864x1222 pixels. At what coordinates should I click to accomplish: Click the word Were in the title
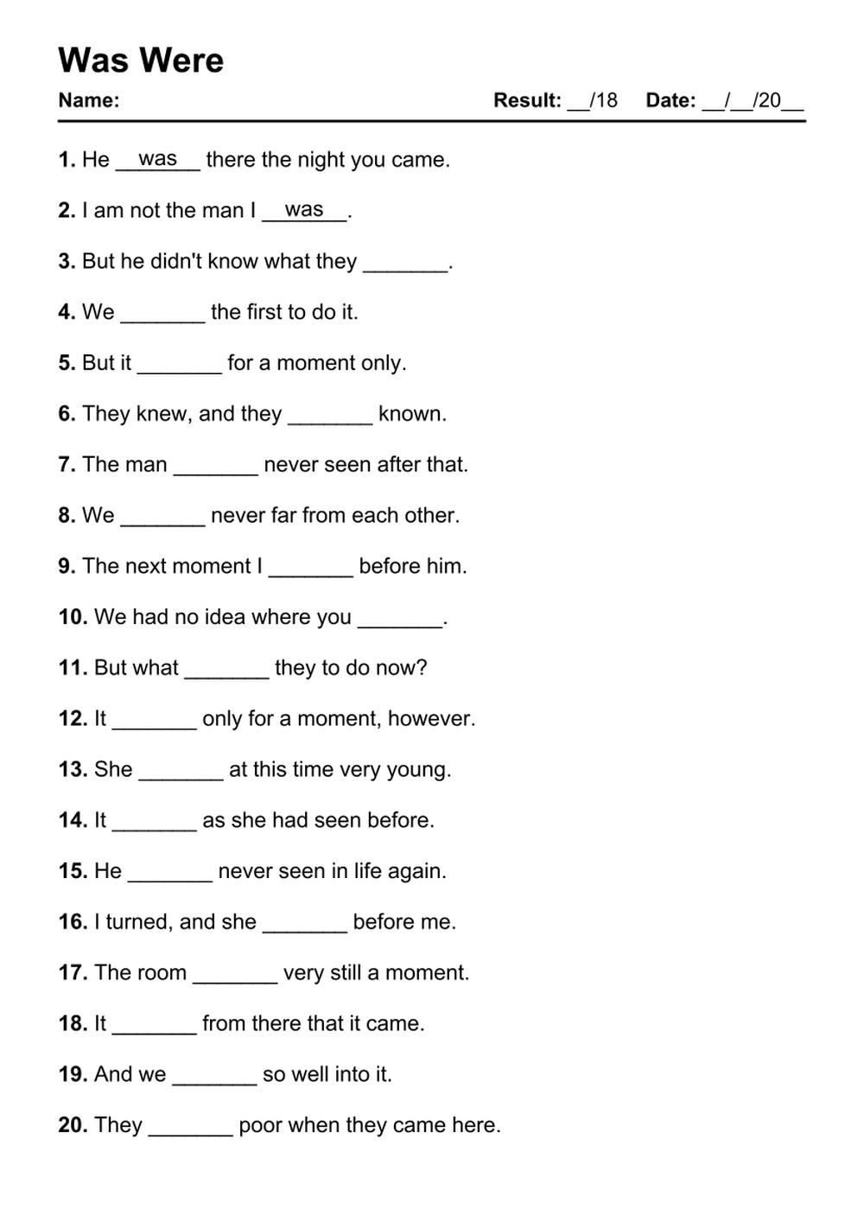[181, 60]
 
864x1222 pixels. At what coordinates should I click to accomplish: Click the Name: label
[88, 100]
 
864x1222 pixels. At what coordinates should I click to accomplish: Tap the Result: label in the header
[527, 100]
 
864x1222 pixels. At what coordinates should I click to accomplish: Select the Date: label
[670, 100]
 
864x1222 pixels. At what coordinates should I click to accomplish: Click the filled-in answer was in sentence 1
[157, 159]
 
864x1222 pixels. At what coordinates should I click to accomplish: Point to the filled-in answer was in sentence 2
[304, 210]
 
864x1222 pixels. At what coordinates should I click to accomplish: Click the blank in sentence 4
[162, 315]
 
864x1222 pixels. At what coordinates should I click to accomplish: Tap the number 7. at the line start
[67, 465]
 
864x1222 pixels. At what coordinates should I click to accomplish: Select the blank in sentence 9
[311, 569]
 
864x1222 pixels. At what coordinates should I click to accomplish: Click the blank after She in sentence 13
[181, 772]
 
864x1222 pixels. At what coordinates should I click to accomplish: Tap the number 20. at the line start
[73, 1125]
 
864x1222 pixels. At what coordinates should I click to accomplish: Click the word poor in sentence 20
[258, 1125]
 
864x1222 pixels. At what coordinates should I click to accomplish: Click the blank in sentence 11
[227, 671]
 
